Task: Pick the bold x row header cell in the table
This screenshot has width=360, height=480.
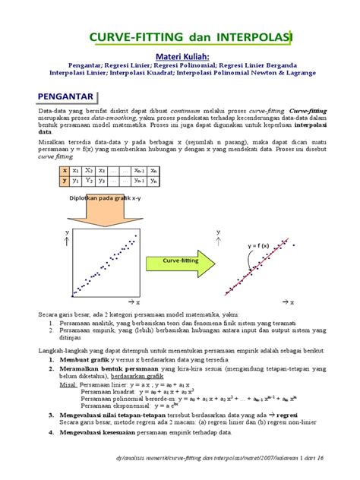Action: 65,172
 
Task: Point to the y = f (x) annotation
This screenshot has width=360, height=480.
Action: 259,247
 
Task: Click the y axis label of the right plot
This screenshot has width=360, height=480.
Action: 219,232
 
